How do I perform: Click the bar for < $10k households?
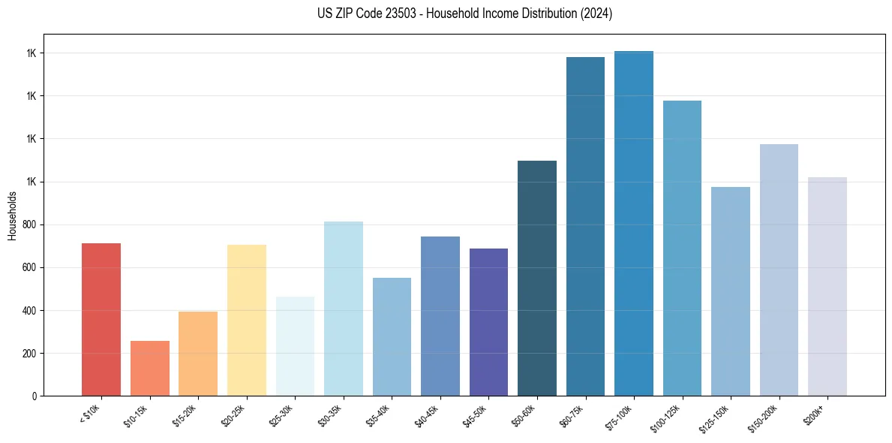[101, 319]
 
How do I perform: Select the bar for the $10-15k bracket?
[149, 368]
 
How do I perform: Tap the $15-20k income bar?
[198, 353]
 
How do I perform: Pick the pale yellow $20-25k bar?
[246, 320]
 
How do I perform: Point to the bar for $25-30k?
[295, 346]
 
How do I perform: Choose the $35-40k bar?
[392, 336]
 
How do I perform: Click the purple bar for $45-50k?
[488, 322]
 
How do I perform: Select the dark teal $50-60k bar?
[537, 278]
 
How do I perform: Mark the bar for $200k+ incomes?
[827, 286]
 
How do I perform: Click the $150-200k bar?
[779, 270]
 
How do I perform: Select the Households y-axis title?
[12, 215]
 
